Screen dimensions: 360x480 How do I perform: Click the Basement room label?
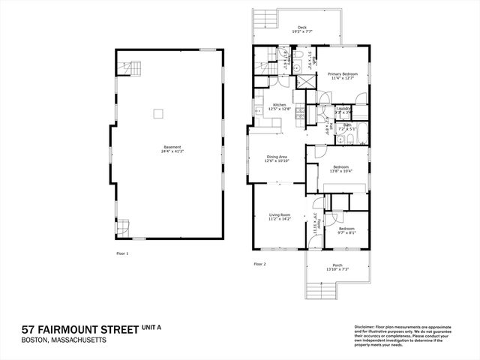(170, 147)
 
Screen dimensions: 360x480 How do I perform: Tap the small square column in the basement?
(158, 114)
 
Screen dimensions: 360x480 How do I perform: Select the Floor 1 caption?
(122, 253)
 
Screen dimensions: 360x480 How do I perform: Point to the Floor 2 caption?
(259, 264)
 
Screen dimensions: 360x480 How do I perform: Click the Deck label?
(301, 28)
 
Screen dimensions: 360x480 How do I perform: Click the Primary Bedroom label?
(342, 73)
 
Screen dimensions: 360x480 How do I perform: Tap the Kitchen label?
(279, 105)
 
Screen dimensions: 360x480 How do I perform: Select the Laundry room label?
(343, 109)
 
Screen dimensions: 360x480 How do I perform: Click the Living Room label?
(278, 214)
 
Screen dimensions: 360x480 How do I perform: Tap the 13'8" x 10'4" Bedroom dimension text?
(341, 172)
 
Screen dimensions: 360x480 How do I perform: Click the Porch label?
(337, 265)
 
